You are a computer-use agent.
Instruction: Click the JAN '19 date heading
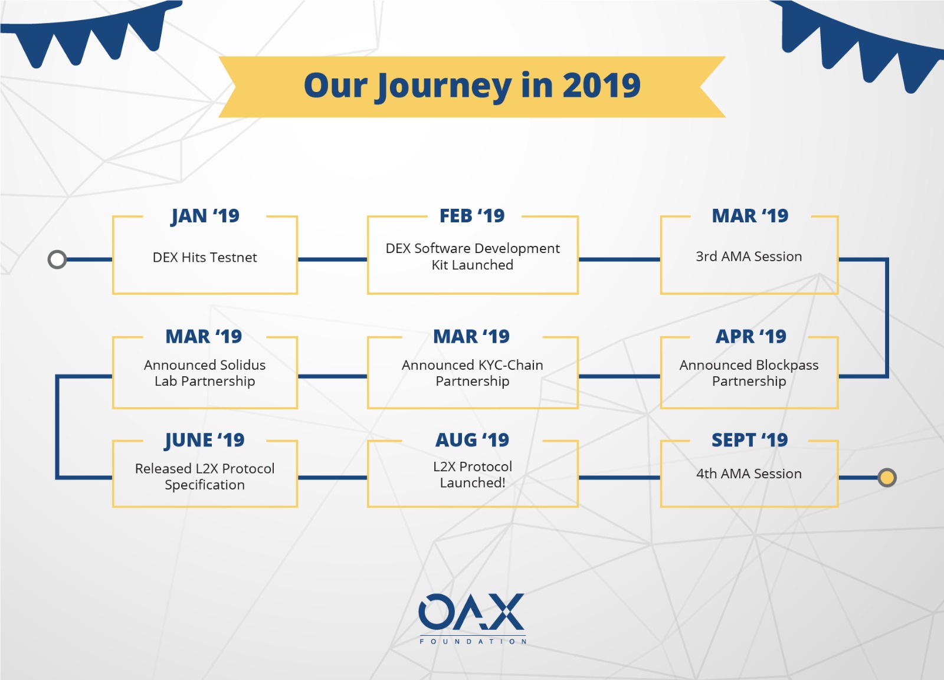click(x=205, y=216)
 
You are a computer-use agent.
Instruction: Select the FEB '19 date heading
click(x=472, y=216)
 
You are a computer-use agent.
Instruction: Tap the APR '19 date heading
click(x=751, y=337)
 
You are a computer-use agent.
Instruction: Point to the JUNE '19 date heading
click(x=204, y=441)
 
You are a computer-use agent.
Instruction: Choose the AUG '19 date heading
click(x=473, y=441)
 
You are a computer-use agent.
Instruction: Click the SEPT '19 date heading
click(x=750, y=441)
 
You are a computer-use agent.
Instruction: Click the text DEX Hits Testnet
click(x=205, y=257)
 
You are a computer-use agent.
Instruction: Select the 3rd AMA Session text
click(x=749, y=257)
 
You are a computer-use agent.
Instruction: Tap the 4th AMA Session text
click(x=749, y=474)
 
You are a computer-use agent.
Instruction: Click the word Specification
click(x=205, y=485)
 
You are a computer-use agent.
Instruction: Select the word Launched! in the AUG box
click(x=473, y=483)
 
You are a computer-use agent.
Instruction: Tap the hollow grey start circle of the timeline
click(x=57, y=259)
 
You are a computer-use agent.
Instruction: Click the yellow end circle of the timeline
click(x=887, y=478)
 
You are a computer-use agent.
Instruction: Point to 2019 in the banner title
click(x=601, y=86)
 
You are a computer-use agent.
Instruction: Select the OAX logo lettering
click(x=472, y=612)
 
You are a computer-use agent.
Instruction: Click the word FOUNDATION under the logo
click(x=473, y=642)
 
